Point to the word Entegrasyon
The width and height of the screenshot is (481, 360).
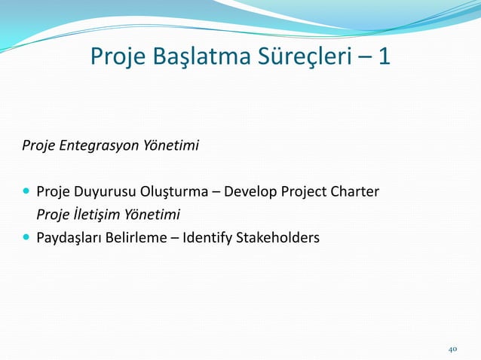point(93,145)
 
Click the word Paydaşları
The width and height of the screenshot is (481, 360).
point(69,238)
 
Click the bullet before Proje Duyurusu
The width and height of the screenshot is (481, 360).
point(26,191)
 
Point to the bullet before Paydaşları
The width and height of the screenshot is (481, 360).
point(26,238)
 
